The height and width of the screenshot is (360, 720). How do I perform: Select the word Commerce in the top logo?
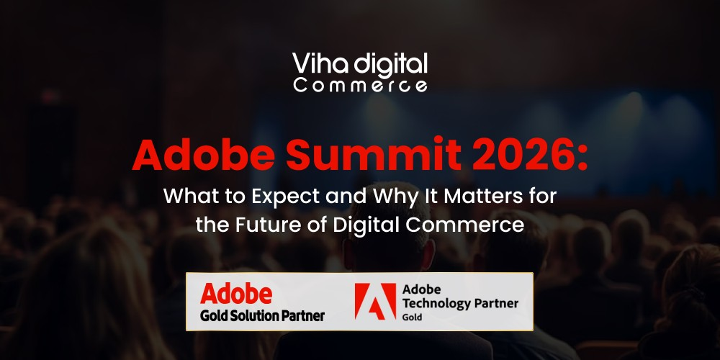pyautogui.click(x=361, y=86)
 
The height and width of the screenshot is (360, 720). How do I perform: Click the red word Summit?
pyautogui.click(x=373, y=154)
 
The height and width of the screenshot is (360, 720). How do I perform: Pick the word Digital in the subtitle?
pyautogui.click(x=363, y=226)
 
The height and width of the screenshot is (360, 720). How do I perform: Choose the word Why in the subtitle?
pyautogui.click(x=390, y=197)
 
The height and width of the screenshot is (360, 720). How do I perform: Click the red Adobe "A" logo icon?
pyautogui.click(x=375, y=301)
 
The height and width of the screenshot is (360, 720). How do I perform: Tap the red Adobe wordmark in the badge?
pyautogui.click(x=236, y=294)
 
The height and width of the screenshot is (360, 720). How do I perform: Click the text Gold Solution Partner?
pyautogui.click(x=262, y=316)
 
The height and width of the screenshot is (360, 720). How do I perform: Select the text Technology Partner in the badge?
pyautogui.click(x=460, y=304)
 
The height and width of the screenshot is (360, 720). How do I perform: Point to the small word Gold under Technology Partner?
pyautogui.click(x=412, y=318)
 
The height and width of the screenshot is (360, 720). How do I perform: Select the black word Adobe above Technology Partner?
pyautogui.click(x=421, y=289)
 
